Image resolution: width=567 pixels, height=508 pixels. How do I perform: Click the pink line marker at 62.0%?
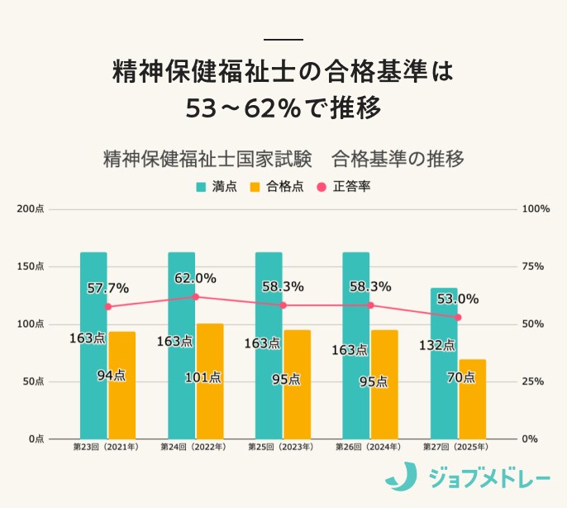tap(195, 296)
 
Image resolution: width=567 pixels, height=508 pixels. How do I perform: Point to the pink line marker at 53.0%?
tap(458, 317)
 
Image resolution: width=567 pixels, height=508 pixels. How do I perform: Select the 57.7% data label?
tap(107, 288)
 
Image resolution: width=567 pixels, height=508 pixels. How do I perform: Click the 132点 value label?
tap(437, 345)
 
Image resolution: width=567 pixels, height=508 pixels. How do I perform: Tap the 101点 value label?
tap(203, 376)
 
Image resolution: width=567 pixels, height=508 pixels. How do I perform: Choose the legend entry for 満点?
tap(217, 186)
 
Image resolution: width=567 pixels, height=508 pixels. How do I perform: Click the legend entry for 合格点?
tap(276, 186)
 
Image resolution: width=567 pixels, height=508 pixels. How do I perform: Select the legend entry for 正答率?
tap(343, 186)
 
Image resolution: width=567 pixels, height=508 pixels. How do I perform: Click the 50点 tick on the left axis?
tap(33, 381)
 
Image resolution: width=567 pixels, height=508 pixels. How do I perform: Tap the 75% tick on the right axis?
tap(533, 266)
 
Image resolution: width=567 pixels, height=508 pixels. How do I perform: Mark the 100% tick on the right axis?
tap(536, 209)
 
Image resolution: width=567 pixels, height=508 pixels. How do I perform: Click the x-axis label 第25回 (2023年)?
tap(282, 447)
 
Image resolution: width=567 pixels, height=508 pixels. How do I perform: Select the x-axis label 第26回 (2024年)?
tap(369, 447)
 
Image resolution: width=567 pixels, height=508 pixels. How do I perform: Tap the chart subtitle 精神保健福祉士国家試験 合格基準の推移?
tap(283, 158)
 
